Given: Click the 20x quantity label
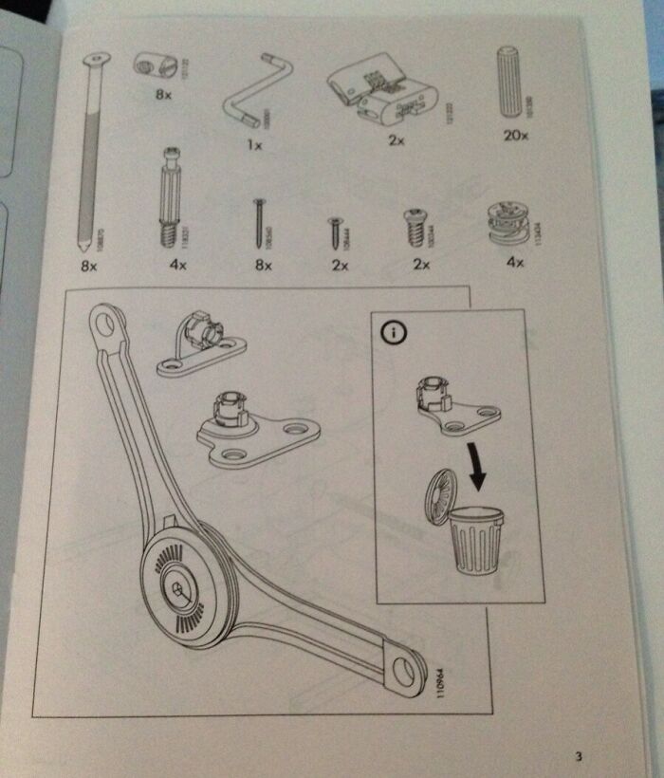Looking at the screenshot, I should coord(515,136).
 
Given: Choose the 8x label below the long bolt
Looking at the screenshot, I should coord(89,267).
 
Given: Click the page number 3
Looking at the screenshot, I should coord(578,755).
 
